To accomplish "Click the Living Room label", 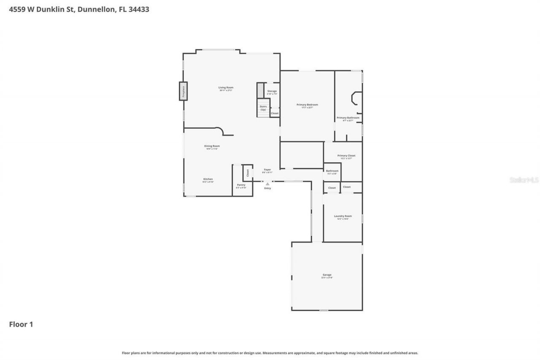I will coord(226,87).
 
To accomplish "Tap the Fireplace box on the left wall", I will coord(183,91).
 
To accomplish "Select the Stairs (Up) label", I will coord(263,108).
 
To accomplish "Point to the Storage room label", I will coord(272,91).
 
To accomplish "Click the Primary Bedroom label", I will coord(307,105).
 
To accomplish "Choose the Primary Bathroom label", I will coord(348,118).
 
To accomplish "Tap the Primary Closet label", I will coord(346,156).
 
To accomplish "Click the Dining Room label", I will coord(212,146).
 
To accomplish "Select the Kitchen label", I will coord(208,179).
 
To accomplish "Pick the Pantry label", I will coord(241,184).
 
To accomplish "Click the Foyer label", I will coord(267,170).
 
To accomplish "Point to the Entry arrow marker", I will coord(267,184).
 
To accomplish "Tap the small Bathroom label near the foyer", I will coord(332,171).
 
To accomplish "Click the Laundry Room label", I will coord(343,216).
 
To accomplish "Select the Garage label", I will coord(327,275).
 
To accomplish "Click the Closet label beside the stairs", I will coord(275,113).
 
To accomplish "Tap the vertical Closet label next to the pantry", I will coord(248,173).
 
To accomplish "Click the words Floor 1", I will coord(21,325).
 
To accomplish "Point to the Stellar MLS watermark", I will coord(524,180).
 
